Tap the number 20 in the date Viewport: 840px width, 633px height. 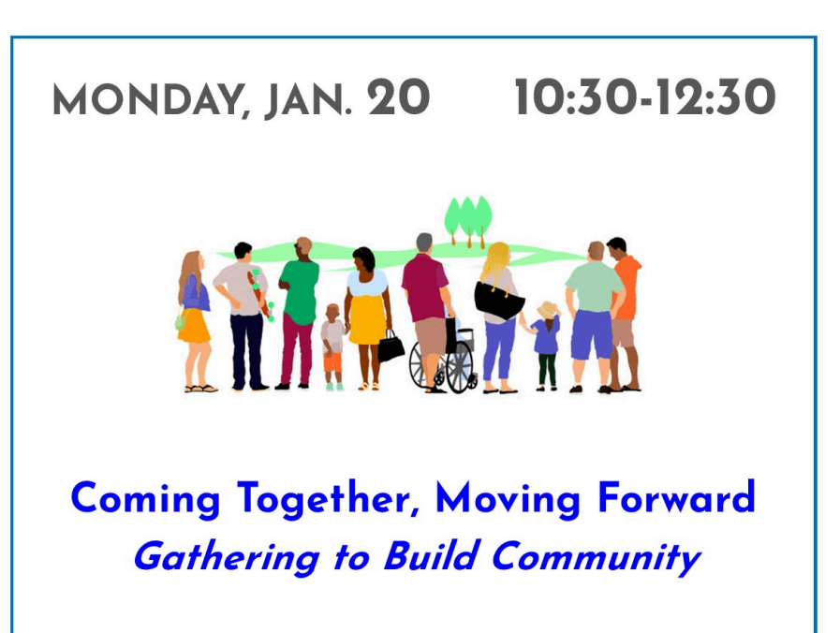(x=399, y=97)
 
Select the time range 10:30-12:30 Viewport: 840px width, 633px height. (x=645, y=97)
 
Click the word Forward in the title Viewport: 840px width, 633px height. (x=676, y=497)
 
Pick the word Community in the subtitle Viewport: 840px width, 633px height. (x=596, y=558)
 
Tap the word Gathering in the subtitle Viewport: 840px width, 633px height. (x=227, y=558)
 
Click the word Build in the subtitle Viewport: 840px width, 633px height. (x=430, y=555)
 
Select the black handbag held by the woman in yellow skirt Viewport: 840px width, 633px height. (x=391, y=346)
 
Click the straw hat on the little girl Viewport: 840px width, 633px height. (x=548, y=310)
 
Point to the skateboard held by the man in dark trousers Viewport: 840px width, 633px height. (x=260, y=295)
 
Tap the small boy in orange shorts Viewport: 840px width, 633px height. (x=332, y=346)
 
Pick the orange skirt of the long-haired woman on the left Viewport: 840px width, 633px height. (x=194, y=326)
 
